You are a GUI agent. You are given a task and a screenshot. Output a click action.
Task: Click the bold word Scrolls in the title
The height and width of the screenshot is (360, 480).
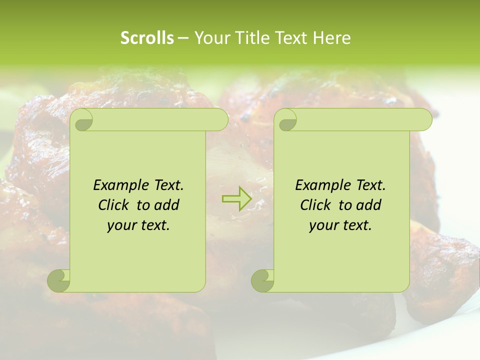coord(147,38)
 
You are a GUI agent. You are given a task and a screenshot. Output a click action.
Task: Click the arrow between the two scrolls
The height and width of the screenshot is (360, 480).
coord(236,198)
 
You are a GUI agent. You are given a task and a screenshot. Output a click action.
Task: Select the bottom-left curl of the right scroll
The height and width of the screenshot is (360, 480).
coord(262,281)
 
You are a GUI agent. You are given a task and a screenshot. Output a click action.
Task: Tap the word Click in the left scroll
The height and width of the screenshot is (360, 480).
coord(113,205)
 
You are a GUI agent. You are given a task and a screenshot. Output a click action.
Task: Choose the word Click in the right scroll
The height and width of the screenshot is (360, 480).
coord(315,205)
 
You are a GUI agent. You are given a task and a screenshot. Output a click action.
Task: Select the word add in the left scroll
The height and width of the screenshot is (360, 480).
coord(167,205)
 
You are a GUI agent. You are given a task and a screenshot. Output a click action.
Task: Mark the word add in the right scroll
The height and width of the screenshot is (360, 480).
coord(369,205)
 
